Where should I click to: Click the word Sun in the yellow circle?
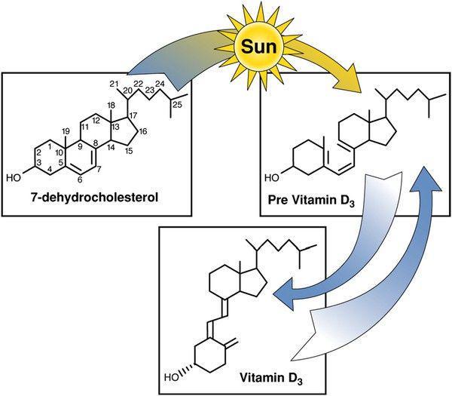pos(259,47)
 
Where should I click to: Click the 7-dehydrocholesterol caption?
pos(94,198)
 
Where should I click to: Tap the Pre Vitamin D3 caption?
pos(311,201)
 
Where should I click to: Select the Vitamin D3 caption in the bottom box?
pos(271,378)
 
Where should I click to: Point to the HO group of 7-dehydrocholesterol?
pos(14,178)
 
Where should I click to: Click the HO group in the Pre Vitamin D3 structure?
pos(272,178)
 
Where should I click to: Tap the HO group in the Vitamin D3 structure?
pos(172,378)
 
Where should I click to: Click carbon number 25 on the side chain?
pos(178,105)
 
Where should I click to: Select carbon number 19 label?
pos(66,131)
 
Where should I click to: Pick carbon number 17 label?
pos(133,115)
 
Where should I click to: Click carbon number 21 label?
pos(115,84)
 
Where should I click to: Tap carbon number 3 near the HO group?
pos(39,161)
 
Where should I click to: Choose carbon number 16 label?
pos(142,131)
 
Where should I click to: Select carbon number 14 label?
pos(111,148)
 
